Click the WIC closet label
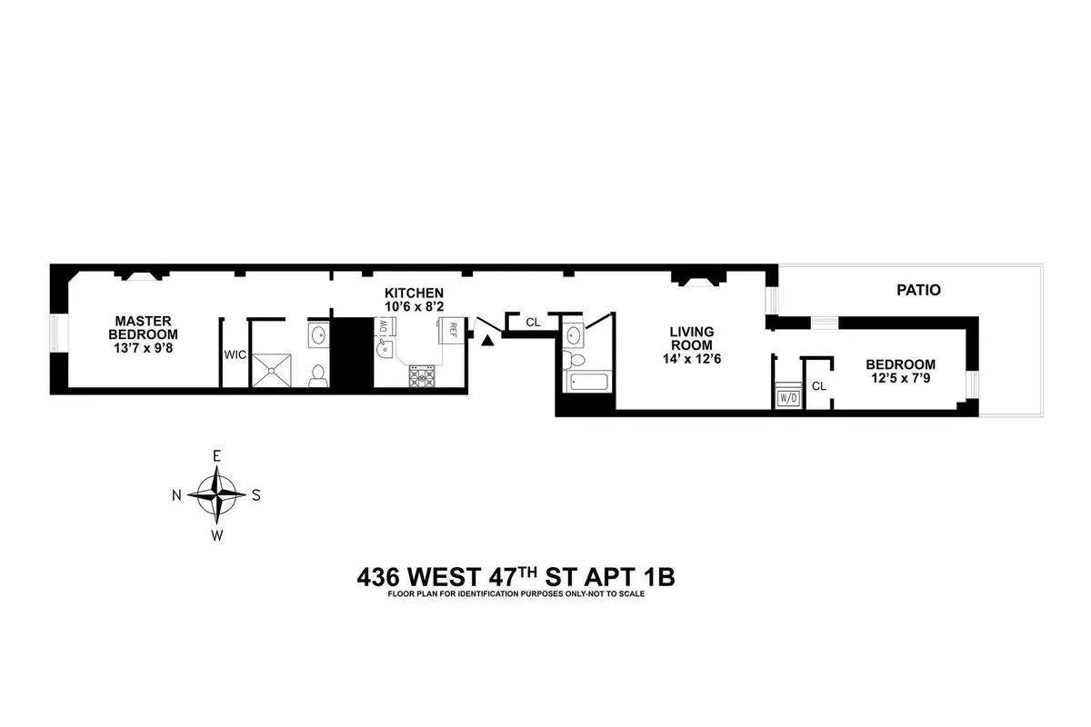pyautogui.click(x=235, y=354)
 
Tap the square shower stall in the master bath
pyautogui.click(x=275, y=369)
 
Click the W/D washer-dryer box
pyautogui.click(x=786, y=396)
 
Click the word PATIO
pyautogui.click(x=917, y=291)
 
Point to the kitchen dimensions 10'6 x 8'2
pyautogui.click(x=414, y=307)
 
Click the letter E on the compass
pyautogui.click(x=216, y=456)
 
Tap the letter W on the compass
pyautogui.click(x=216, y=535)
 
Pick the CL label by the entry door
pyautogui.click(x=533, y=322)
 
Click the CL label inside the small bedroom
pyautogui.click(x=818, y=386)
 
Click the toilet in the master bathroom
pyautogui.click(x=317, y=376)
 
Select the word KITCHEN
pyautogui.click(x=414, y=293)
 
